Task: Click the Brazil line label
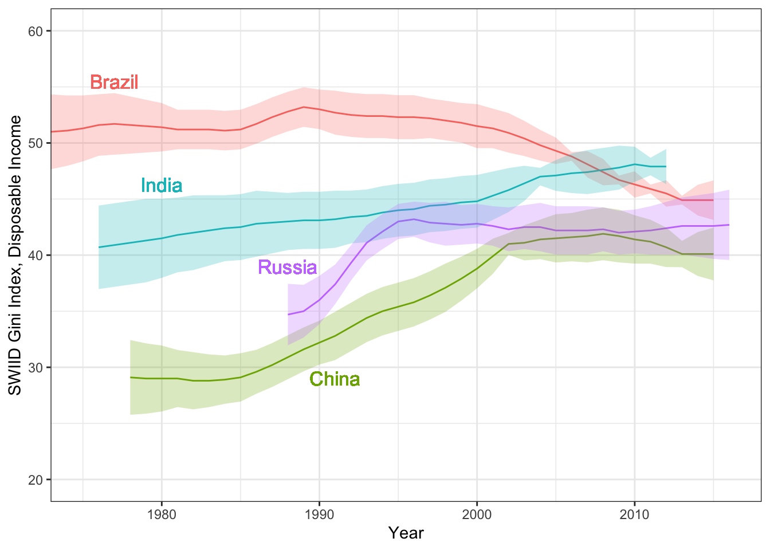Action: (x=115, y=82)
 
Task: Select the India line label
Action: (x=162, y=186)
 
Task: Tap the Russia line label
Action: (x=287, y=268)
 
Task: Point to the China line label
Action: (x=335, y=379)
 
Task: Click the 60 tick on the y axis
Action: (x=36, y=31)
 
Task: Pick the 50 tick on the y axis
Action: (x=36, y=143)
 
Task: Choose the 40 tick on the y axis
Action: (x=36, y=255)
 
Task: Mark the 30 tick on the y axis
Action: (x=36, y=367)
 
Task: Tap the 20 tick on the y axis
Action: (x=36, y=480)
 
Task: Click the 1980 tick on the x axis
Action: (x=162, y=514)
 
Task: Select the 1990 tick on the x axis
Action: (x=319, y=514)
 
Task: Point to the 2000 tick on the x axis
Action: (x=477, y=514)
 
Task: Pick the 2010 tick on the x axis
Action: (x=634, y=514)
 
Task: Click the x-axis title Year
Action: (x=406, y=533)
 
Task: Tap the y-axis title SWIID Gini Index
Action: (x=15, y=255)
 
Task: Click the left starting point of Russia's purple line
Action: (x=288, y=315)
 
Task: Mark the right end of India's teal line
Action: (x=666, y=166)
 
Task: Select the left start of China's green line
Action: (x=131, y=377)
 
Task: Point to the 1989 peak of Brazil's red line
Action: (x=304, y=107)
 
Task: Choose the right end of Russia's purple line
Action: (x=729, y=225)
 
